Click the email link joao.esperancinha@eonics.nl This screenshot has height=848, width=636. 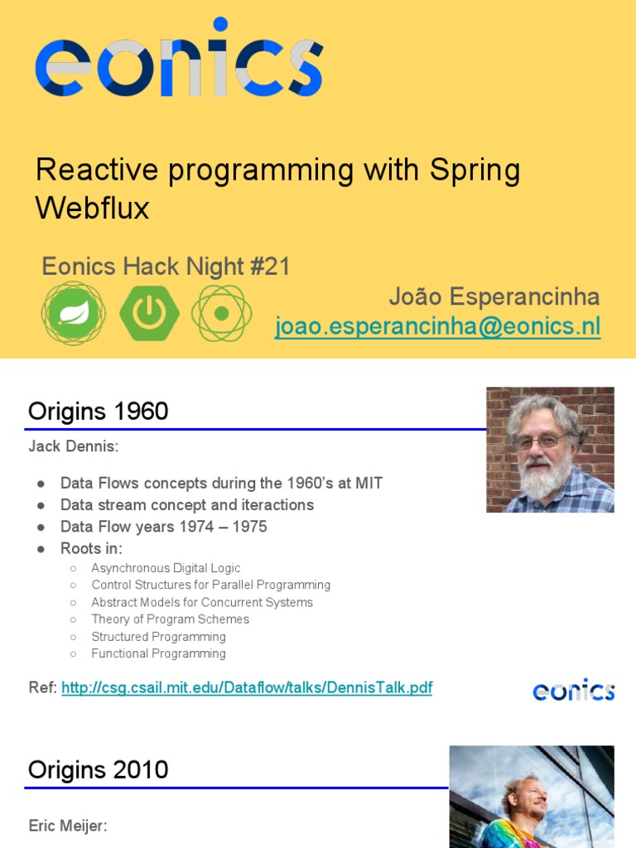[437, 327]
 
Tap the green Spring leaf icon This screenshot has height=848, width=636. [74, 313]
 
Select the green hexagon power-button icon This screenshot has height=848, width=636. [149, 313]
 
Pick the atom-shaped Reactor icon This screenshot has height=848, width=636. [221, 313]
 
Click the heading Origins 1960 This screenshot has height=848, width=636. [98, 411]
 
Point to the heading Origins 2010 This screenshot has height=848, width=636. [98, 769]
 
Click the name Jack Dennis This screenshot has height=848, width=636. [74, 447]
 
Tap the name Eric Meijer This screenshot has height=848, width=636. [68, 826]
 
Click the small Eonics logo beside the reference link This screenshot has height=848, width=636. [573, 689]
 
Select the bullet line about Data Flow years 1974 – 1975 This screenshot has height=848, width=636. [163, 527]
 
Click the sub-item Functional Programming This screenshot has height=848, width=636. [158, 653]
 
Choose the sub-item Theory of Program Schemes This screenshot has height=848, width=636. [170, 619]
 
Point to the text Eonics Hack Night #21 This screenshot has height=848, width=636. [166, 267]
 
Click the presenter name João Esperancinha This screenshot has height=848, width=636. [494, 297]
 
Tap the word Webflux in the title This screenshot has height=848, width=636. [92, 208]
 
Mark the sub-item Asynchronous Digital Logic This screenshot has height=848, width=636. [166, 568]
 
